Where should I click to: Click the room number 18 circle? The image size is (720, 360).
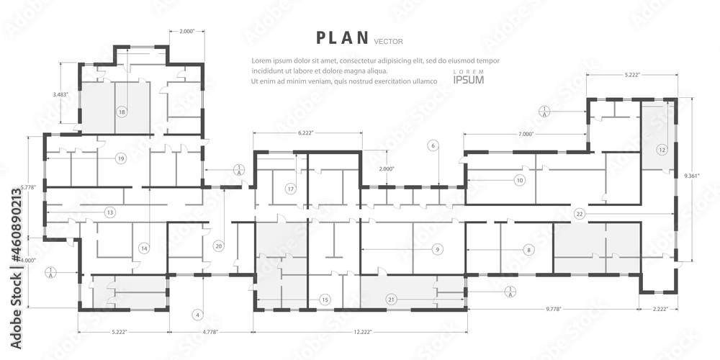coord(122,112)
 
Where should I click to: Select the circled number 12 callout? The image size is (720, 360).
coord(662,150)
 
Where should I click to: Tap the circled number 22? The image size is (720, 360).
coord(579,214)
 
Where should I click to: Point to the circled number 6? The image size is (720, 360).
coord(433,146)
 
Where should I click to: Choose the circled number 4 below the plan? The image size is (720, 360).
coord(198,315)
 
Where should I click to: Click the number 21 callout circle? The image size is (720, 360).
coord(392,299)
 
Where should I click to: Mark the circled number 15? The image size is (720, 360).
coord(325,299)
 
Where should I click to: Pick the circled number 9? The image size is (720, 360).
coord(437,249)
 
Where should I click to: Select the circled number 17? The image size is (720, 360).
coord(291,189)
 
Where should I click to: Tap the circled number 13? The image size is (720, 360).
coord(109,212)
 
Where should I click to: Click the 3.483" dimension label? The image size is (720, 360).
coord(61,94)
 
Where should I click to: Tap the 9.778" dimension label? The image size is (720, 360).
coord(554,309)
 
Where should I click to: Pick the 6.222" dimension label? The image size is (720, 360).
coord(309,134)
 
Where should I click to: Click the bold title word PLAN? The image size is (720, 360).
coord(343,37)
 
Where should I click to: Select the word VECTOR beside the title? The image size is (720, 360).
coord(389,41)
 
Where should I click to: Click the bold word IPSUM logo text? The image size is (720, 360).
coord(469,79)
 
